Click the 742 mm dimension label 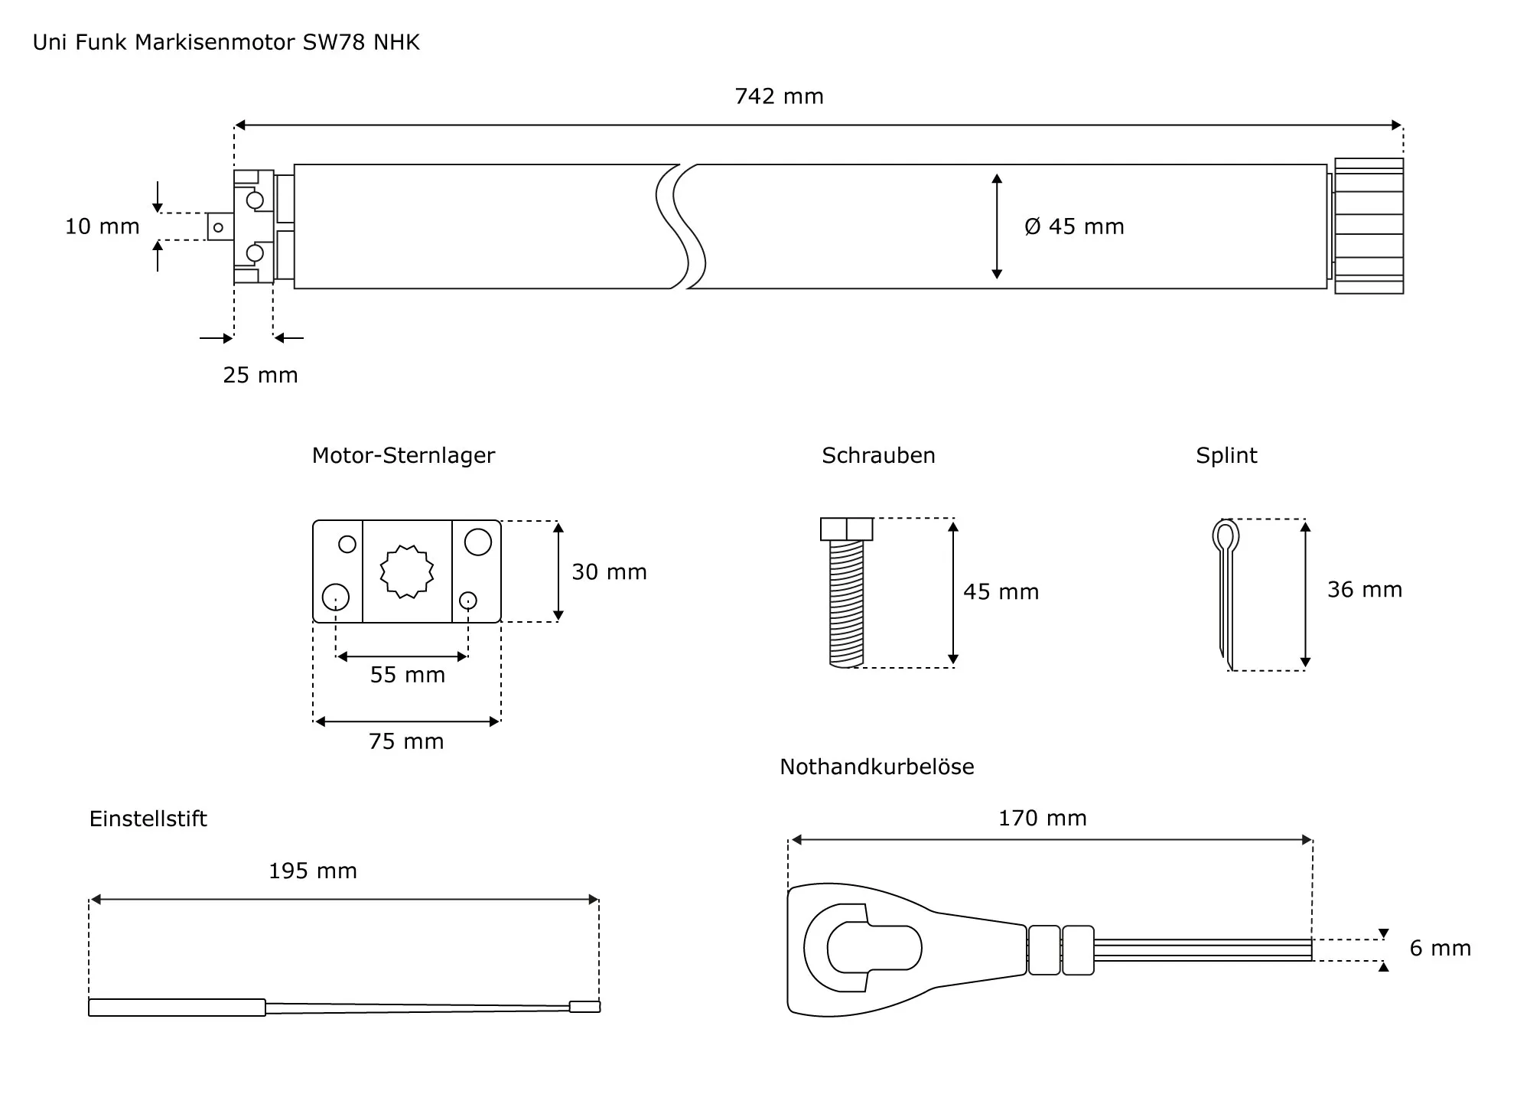[x=779, y=96]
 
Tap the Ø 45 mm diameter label [x=1074, y=226]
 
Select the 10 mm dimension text [x=102, y=226]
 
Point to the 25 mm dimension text [x=260, y=375]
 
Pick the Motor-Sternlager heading [x=403, y=455]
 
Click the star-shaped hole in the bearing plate [x=407, y=571]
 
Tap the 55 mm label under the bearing [x=407, y=675]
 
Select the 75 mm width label [x=406, y=741]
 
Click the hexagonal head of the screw [x=846, y=529]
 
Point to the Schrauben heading [x=878, y=455]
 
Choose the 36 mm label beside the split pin [x=1364, y=590]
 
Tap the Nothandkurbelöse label [x=877, y=767]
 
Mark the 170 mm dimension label [x=1042, y=818]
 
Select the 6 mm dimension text [x=1440, y=949]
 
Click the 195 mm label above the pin [x=312, y=871]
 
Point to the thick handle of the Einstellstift [x=177, y=1008]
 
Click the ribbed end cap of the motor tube [x=1369, y=226]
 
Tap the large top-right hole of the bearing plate [x=477, y=542]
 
